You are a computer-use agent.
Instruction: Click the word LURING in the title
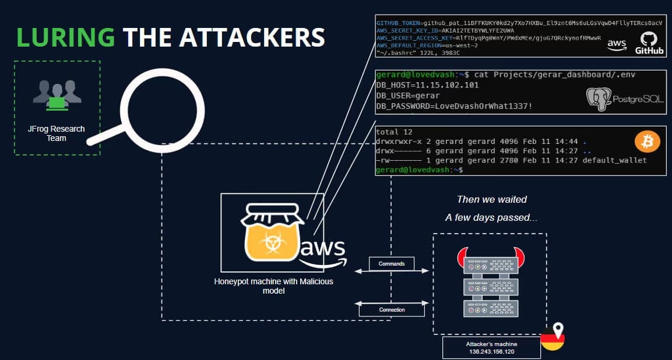pyautogui.click(x=65, y=37)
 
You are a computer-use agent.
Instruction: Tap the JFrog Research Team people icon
pyautogui.click(x=57, y=96)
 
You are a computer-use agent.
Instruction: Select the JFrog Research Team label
pyautogui.click(x=57, y=133)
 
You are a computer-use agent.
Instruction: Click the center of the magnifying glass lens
pyautogui.click(x=156, y=105)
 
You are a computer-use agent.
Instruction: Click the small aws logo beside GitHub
pyautogui.click(x=616, y=44)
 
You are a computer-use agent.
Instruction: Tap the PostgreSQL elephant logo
pyautogui.click(x=599, y=100)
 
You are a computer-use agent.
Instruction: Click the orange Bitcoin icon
pyautogui.click(x=647, y=142)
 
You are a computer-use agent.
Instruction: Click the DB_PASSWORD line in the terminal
pyautogui.click(x=454, y=106)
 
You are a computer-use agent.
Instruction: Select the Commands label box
pyautogui.click(x=392, y=264)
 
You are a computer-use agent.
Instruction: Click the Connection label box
pyautogui.click(x=392, y=310)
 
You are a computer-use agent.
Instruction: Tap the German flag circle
pyautogui.click(x=553, y=340)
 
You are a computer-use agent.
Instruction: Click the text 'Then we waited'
pyautogui.click(x=491, y=200)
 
